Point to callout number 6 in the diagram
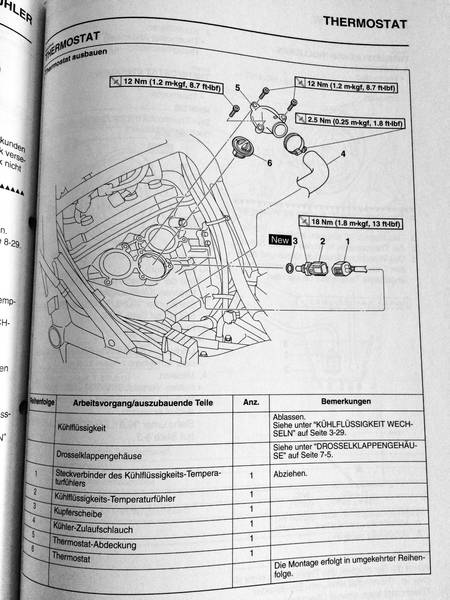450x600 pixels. click(270, 161)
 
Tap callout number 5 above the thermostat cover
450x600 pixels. click(237, 90)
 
